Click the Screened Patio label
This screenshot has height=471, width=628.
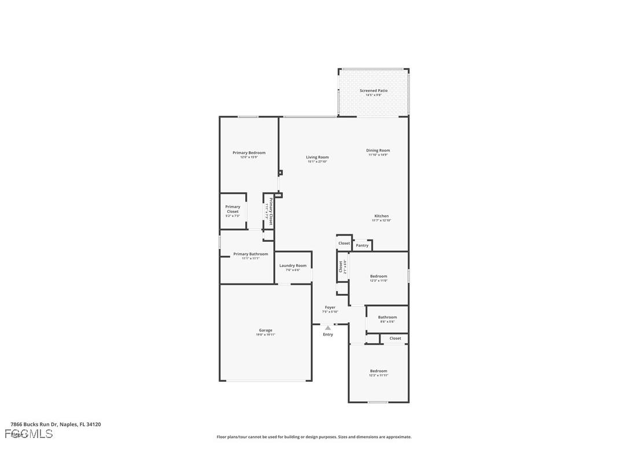pos(374,91)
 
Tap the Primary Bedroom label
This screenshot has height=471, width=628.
pos(249,153)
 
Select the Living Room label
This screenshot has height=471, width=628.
pos(317,157)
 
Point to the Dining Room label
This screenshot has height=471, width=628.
pos(378,150)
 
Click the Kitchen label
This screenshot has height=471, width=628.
pos(381,216)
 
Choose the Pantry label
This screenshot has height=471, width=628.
pos(362,245)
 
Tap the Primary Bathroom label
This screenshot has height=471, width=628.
pos(250,254)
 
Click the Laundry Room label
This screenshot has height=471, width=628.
pos(293,266)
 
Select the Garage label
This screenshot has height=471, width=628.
pos(265,330)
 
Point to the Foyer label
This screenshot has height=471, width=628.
pos(330,307)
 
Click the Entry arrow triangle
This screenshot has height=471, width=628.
pos(328,328)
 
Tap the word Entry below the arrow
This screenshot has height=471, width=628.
pos(328,334)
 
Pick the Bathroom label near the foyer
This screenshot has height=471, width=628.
pos(387,317)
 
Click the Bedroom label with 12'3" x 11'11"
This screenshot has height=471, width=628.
pos(378,371)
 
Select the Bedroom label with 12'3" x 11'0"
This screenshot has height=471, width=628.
pos(378,276)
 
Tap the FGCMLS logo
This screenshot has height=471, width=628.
pos(29,434)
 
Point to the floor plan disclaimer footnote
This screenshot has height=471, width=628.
pos(314,437)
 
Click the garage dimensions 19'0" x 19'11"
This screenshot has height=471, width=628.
pos(265,334)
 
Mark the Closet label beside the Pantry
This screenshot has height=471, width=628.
pos(344,243)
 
